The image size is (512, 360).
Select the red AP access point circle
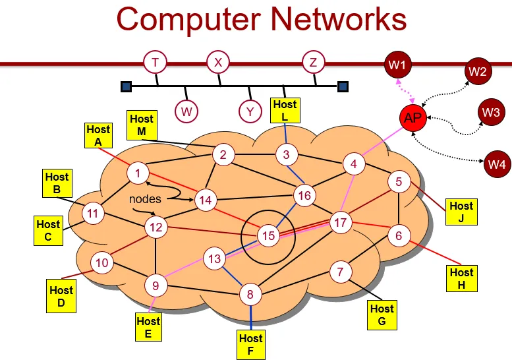click(413, 118)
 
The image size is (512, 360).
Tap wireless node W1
click(397, 65)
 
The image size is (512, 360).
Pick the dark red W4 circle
click(497, 162)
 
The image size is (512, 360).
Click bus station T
click(155, 63)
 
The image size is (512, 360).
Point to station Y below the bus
click(250, 111)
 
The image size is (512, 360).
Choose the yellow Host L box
click(285, 110)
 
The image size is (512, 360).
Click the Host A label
click(98, 136)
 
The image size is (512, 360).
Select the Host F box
click(250, 345)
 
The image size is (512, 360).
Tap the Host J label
click(461, 212)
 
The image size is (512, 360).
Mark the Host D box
click(61, 295)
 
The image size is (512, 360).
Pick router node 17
click(341, 222)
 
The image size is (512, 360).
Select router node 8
click(250, 294)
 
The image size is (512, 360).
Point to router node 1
click(138, 174)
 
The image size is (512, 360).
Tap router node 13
click(214, 259)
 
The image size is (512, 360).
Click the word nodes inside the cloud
click(145, 198)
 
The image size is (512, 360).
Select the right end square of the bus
click(343, 86)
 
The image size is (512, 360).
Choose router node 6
click(399, 234)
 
